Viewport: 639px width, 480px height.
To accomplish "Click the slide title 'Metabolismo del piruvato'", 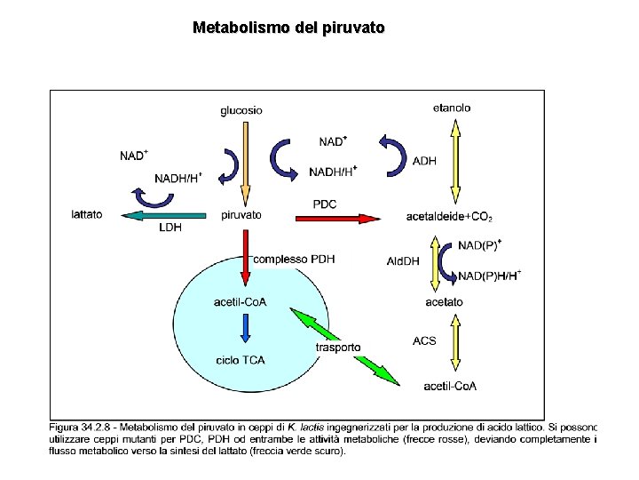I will (x=288, y=28).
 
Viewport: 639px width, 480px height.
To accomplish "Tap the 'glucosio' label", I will (x=241, y=110).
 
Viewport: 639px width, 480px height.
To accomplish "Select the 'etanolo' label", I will (x=452, y=108).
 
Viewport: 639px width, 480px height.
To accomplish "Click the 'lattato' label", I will (x=87, y=214).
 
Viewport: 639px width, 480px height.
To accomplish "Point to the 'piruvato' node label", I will (x=241, y=214).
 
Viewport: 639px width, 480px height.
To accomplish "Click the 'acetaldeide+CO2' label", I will (x=449, y=216).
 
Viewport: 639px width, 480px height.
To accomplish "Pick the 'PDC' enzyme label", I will (x=325, y=204).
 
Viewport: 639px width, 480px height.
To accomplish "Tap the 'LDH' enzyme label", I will (x=170, y=228).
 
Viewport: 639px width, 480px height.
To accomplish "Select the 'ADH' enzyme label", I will (x=424, y=161).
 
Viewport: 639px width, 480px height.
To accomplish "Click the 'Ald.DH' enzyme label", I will (x=403, y=261).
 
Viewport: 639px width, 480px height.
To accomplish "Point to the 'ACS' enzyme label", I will (x=424, y=340).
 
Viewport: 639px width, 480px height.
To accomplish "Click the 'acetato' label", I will (x=444, y=302).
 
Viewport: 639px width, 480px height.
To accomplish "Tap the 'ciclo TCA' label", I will (x=241, y=360).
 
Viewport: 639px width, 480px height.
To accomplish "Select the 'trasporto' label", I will (x=338, y=347).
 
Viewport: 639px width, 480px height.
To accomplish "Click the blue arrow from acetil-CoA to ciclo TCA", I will (x=245, y=330).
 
